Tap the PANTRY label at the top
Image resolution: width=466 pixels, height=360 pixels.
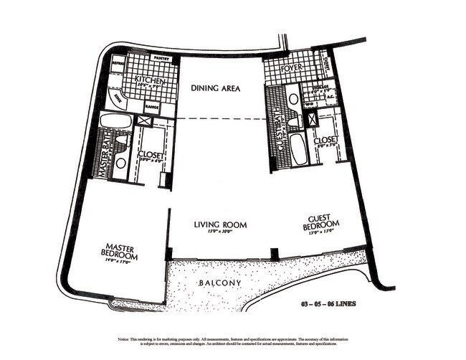pyautogui.click(x=161, y=59)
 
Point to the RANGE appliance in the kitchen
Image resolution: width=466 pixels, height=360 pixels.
pyautogui.click(x=152, y=107)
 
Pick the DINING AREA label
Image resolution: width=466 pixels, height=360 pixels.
pyautogui.click(x=215, y=89)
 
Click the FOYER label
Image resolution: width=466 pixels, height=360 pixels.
pyautogui.click(x=294, y=69)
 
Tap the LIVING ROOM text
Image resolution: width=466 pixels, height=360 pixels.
pyautogui.click(x=219, y=224)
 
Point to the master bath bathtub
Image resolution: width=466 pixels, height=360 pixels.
pyautogui.click(x=115, y=120)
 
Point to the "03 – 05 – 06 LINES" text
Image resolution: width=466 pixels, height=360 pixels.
pyautogui.click(x=328, y=303)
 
